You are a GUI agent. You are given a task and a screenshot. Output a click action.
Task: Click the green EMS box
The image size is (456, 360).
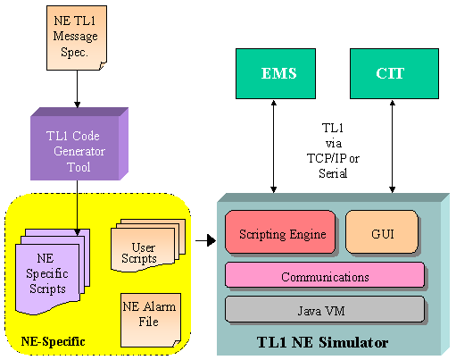276,73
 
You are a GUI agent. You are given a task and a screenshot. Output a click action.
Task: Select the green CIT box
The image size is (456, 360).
394,73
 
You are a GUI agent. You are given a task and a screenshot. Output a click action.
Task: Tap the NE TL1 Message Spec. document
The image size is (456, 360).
77,38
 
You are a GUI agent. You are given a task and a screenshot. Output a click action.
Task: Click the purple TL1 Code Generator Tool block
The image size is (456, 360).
79,144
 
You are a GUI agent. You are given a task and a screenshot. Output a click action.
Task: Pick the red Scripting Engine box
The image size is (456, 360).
280,232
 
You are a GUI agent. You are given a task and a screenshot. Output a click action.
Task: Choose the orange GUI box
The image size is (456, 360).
382,232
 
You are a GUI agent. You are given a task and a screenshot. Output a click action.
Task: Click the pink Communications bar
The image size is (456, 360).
325,274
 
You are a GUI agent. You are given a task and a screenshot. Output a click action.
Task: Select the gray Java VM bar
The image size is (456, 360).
325,309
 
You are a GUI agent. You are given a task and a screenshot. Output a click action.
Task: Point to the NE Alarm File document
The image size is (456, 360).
151,320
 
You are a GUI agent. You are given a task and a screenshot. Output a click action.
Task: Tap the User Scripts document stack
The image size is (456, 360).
148,246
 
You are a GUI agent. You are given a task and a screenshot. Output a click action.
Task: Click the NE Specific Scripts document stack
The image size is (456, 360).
53,272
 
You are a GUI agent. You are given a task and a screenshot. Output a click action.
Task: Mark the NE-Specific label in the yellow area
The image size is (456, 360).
53,341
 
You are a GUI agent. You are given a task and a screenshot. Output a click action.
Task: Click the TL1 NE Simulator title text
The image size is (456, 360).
322,342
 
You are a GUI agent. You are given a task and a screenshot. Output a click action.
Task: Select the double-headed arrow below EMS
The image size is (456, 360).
274,147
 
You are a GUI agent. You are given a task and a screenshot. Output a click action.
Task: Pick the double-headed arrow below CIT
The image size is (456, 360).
393,147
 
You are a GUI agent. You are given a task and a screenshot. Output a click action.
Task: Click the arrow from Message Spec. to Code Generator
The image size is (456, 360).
77,89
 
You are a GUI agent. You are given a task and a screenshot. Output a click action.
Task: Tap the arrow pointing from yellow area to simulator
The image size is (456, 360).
205,240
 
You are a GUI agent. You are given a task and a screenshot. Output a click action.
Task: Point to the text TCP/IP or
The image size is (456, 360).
333,158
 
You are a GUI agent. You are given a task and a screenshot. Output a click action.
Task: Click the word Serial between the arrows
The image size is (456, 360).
333,173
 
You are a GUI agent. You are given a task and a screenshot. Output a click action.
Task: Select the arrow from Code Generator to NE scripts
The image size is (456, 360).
77,208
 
